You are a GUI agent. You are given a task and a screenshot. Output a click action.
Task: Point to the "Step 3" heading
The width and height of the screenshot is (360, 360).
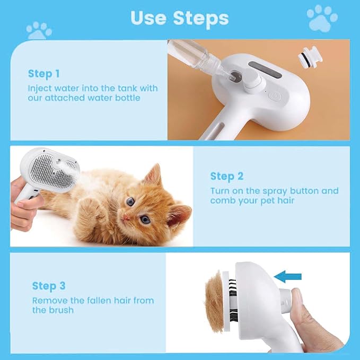coord(49,286)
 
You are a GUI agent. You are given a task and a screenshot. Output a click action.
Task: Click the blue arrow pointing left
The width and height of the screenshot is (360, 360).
coord(288,276)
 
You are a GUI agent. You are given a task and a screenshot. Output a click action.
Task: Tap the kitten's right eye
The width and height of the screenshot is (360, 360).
coord(130,201)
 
